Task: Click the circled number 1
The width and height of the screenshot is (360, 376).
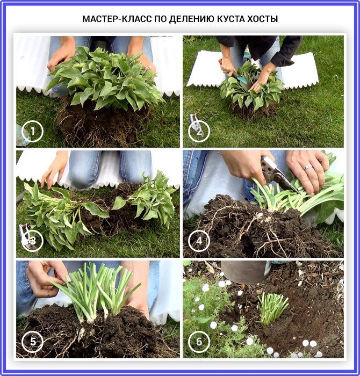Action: pyautogui.click(x=32, y=131)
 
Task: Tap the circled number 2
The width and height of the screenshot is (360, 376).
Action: pyautogui.click(x=199, y=131)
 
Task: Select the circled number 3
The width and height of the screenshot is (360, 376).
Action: pyautogui.click(x=32, y=241)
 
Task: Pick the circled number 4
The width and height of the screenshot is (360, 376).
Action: pyautogui.click(x=199, y=241)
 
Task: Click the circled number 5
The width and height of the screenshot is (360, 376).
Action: pyautogui.click(x=32, y=342)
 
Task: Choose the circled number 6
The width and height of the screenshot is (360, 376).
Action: pyautogui.click(x=199, y=342)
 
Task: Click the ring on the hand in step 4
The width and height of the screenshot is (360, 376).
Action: pyautogui.click(x=308, y=167)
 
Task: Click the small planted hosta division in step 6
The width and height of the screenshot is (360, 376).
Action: pyautogui.click(x=272, y=308)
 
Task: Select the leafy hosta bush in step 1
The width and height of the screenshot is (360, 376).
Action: pyautogui.click(x=103, y=77)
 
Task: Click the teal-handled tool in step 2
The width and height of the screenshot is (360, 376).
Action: pyautogui.click(x=240, y=77)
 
